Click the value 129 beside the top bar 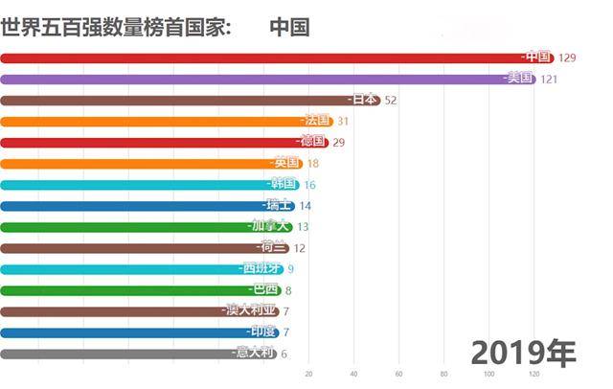[566, 58]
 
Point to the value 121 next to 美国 [548, 80]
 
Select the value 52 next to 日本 [391, 101]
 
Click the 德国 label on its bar [313, 142]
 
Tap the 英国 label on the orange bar [287, 163]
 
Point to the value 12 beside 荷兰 [300, 248]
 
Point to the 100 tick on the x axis [488, 374]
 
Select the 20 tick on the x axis [308, 374]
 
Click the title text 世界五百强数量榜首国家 [115, 26]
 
